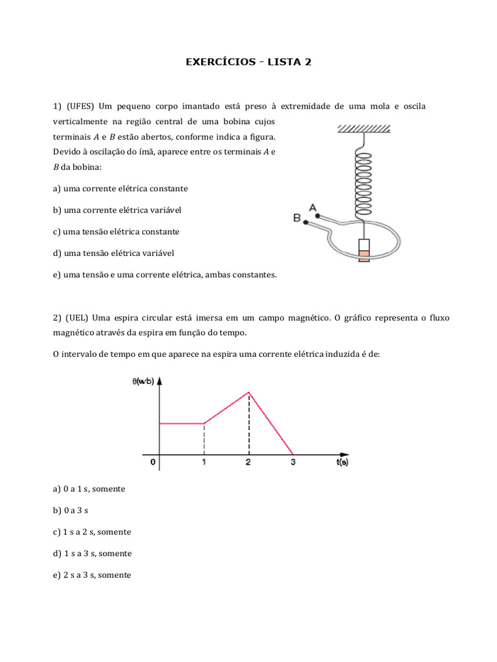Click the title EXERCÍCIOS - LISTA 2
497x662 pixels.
coord(248,62)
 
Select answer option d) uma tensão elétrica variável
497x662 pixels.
coord(118,253)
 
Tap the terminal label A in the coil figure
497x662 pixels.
coord(313,208)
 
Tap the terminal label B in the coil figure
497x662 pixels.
coord(297,219)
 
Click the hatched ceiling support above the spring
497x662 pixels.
coord(363,129)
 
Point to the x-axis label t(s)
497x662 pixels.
coord(342,463)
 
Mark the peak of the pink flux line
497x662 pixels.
coord(248,392)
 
